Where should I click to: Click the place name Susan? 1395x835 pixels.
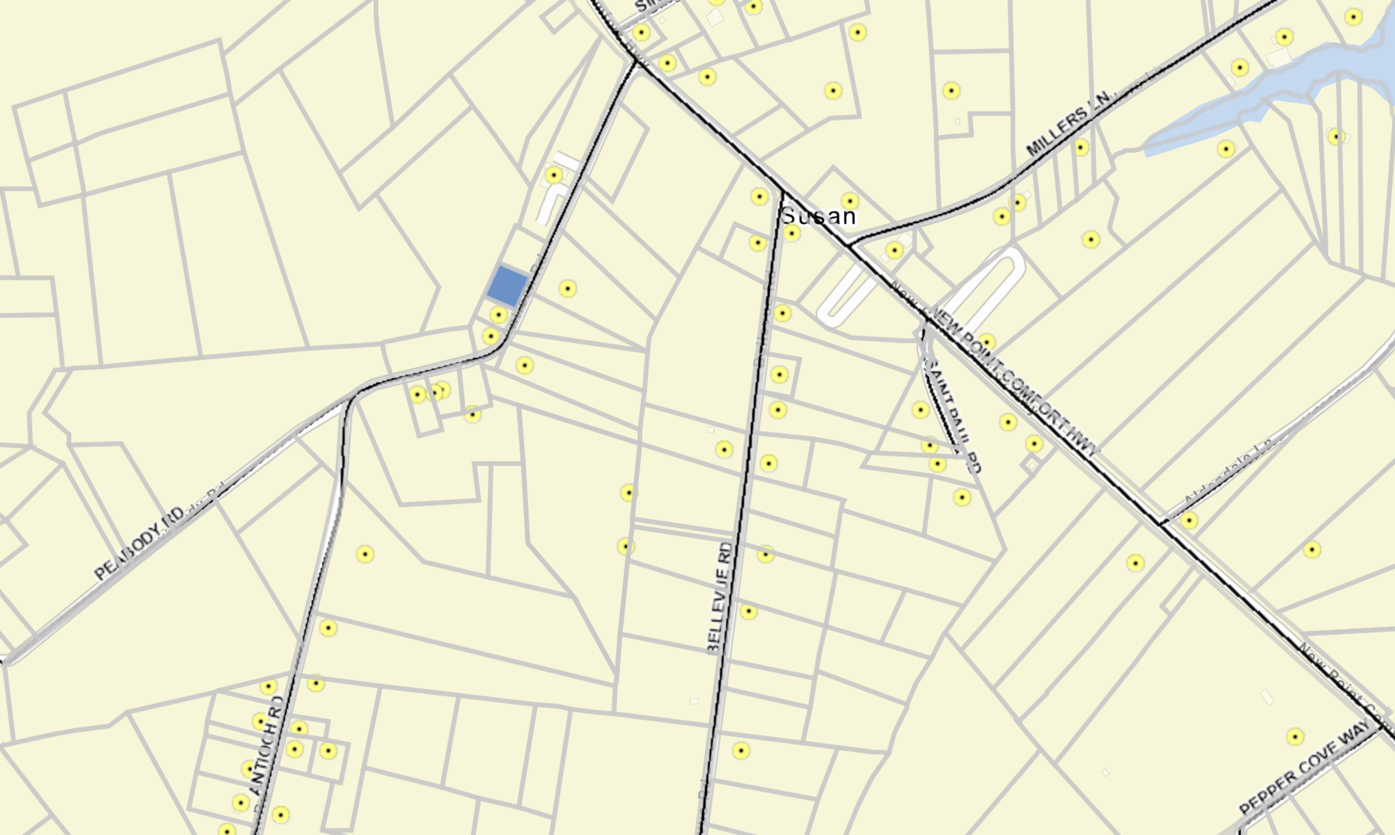(818, 216)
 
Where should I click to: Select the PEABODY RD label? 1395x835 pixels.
(139, 543)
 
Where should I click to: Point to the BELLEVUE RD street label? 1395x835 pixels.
(720, 597)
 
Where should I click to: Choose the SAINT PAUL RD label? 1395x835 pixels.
(952, 415)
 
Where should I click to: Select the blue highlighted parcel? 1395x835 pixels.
(508, 285)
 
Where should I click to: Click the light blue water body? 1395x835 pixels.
(1271, 85)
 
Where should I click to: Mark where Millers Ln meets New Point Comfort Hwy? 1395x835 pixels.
(849, 245)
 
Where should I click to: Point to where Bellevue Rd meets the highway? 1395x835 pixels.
(783, 192)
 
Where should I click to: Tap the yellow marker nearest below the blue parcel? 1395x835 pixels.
(498, 315)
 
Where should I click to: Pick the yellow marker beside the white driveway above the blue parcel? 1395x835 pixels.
(553, 175)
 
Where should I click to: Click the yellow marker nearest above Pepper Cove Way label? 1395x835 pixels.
(1295, 737)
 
